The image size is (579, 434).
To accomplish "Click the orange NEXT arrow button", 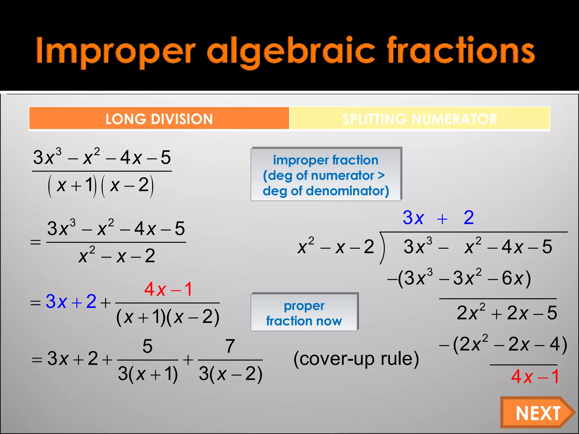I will coord(537,413).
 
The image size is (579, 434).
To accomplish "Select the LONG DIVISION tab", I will coord(159,119).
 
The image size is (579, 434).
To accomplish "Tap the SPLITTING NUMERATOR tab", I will coord(420,119).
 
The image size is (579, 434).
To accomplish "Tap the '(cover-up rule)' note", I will coord(356,359).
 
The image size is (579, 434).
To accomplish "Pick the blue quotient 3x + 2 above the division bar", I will coord(438,218).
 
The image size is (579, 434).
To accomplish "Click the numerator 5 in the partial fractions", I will coord(148,346).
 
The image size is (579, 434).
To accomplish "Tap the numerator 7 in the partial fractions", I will coord(230,346).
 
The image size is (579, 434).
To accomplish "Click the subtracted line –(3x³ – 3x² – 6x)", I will coord(459,278).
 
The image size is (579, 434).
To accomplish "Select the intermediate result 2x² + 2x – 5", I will coord(507,313).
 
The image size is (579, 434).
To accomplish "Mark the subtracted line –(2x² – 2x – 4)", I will coord(503,345).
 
